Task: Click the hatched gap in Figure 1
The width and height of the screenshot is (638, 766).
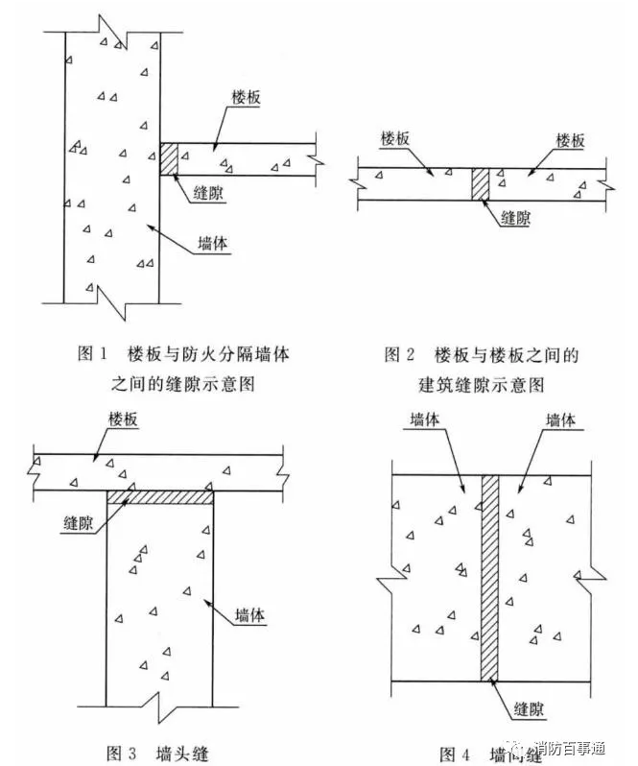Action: (169, 159)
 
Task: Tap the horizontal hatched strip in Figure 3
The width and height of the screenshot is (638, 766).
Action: (160, 496)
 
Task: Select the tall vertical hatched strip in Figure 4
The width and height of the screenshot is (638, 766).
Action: (490, 577)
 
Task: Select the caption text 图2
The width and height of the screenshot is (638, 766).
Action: (400, 355)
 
